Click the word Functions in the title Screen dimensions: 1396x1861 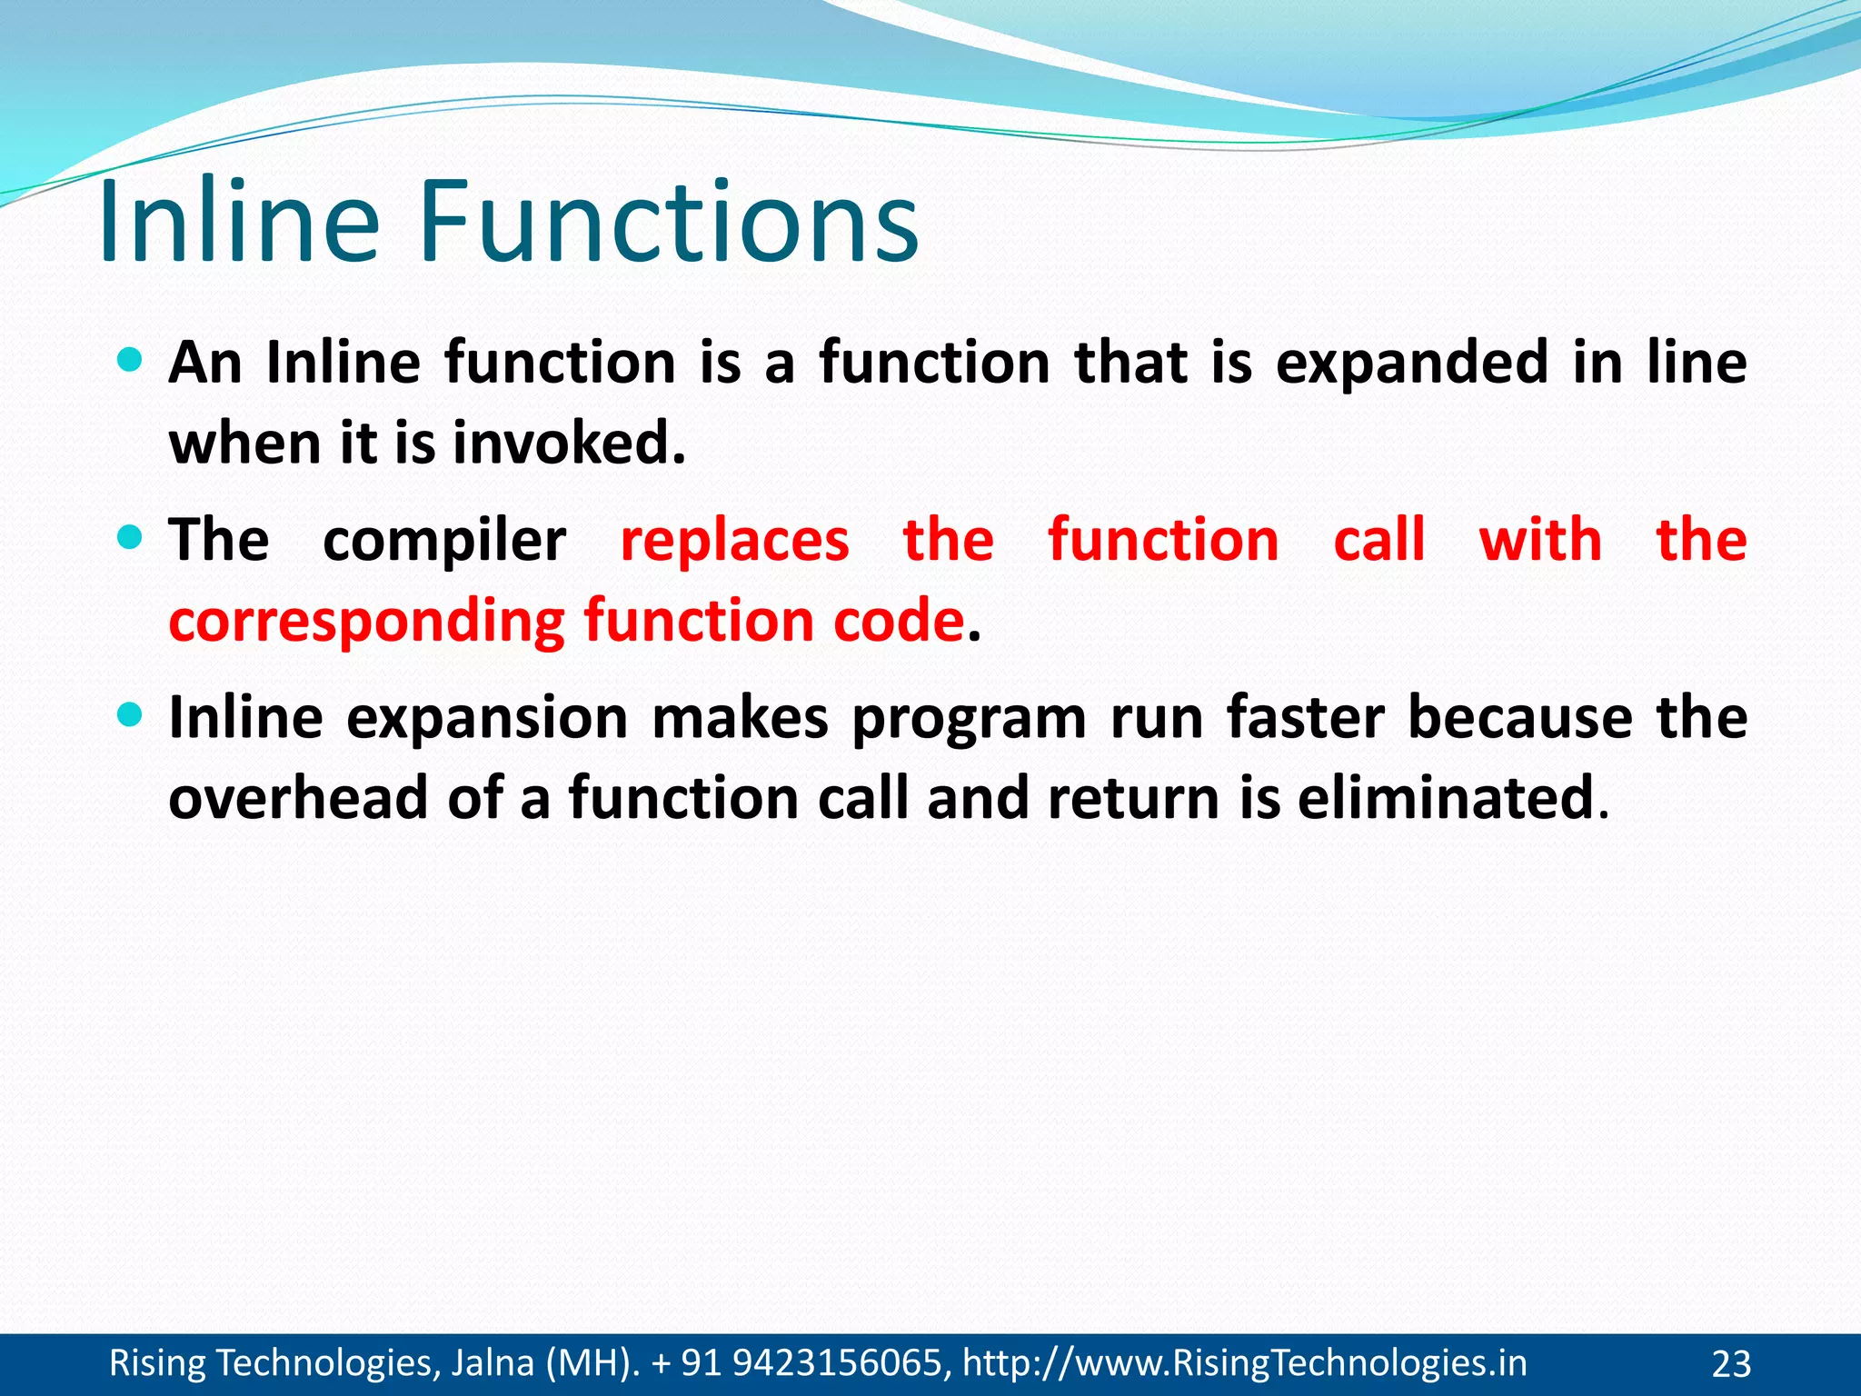[668, 223]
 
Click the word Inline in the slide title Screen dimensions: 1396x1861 [239, 223]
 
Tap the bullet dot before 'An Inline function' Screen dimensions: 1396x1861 [131, 361]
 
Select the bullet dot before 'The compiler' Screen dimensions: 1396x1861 [131, 538]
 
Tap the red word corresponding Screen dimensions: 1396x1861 [367, 623]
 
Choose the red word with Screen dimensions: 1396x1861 [1540, 540]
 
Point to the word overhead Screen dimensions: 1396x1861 [298, 799]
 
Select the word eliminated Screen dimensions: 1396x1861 [1445, 799]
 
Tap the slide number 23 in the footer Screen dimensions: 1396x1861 [1731, 1364]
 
